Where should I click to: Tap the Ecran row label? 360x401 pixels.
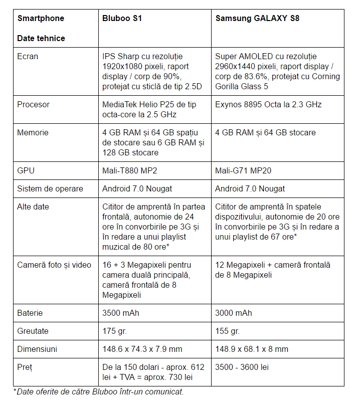(x=28, y=57)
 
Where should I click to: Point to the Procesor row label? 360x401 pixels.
(x=33, y=105)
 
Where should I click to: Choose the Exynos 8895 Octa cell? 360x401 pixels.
(x=268, y=105)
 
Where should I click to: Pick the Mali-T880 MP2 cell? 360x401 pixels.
(x=129, y=170)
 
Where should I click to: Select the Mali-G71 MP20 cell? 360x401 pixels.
(x=243, y=170)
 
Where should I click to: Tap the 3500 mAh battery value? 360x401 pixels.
(x=121, y=313)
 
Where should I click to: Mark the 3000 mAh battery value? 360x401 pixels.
(x=234, y=313)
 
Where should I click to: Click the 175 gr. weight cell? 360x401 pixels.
(x=114, y=331)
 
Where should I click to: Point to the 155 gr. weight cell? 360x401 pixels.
(x=227, y=331)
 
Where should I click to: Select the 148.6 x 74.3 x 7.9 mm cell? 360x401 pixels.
(x=142, y=349)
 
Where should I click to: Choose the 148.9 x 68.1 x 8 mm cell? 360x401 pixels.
(x=252, y=349)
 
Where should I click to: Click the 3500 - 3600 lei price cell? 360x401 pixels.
(x=242, y=367)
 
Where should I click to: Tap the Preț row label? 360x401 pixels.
(x=25, y=367)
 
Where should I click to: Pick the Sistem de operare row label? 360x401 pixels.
(x=50, y=188)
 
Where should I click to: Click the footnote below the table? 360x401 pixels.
(x=98, y=391)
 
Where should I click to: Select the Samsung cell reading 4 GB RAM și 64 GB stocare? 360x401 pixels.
(x=265, y=133)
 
